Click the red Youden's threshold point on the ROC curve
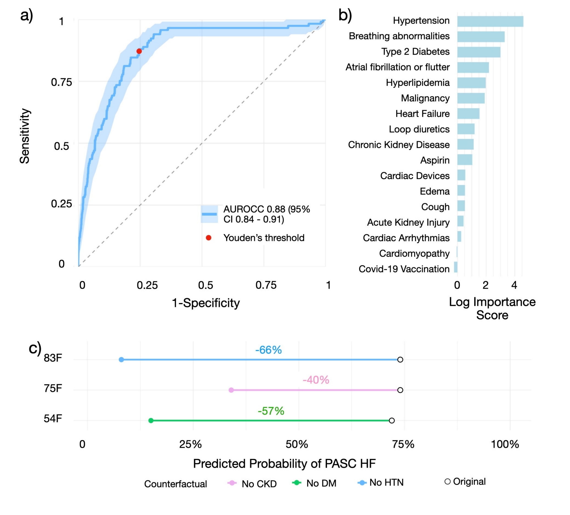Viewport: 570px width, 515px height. [139, 51]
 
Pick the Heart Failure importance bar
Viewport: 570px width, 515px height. [468, 114]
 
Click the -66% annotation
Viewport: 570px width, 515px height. [268, 350]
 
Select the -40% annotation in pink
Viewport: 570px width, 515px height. [316, 380]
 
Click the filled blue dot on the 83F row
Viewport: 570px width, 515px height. [121, 360]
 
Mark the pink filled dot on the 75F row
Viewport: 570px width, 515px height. [231, 390]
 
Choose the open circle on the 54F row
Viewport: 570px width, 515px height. [392, 421]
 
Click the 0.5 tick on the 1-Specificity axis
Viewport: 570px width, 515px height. [206, 285]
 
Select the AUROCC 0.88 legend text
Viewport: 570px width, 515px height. [266, 214]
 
